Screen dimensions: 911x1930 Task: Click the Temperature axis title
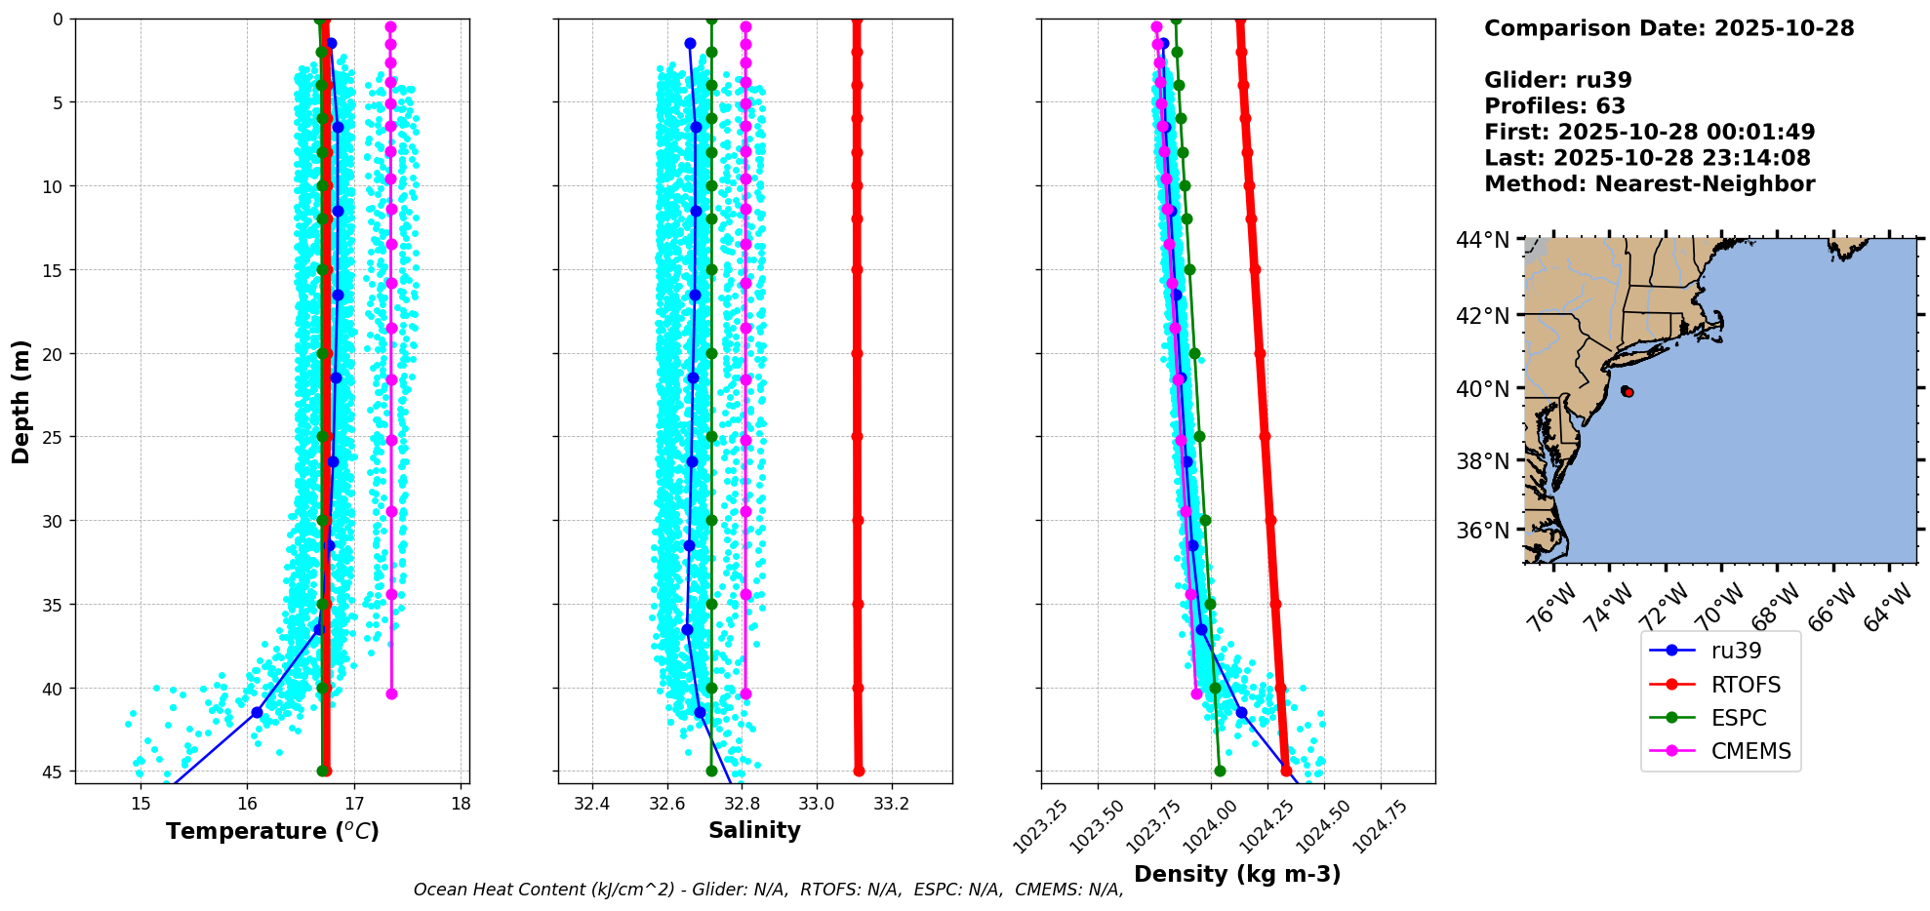click(x=272, y=831)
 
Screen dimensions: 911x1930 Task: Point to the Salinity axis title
click(x=754, y=830)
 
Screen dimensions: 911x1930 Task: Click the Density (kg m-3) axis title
click(x=1237, y=874)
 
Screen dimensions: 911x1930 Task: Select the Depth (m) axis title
click(x=20, y=401)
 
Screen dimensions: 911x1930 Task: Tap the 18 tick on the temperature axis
click(x=461, y=804)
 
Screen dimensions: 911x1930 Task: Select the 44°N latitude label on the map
click(x=1482, y=240)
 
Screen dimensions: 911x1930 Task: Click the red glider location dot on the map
click(x=1628, y=392)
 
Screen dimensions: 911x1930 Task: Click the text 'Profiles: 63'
click(x=1554, y=106)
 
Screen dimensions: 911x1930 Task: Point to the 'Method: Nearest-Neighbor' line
click(x=1649, y=184)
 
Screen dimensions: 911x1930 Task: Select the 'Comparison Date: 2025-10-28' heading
click(x=1669, y=28)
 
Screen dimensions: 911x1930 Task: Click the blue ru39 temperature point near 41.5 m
click(x=257, y=713)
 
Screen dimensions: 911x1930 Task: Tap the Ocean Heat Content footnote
click(x=768, y=890)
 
